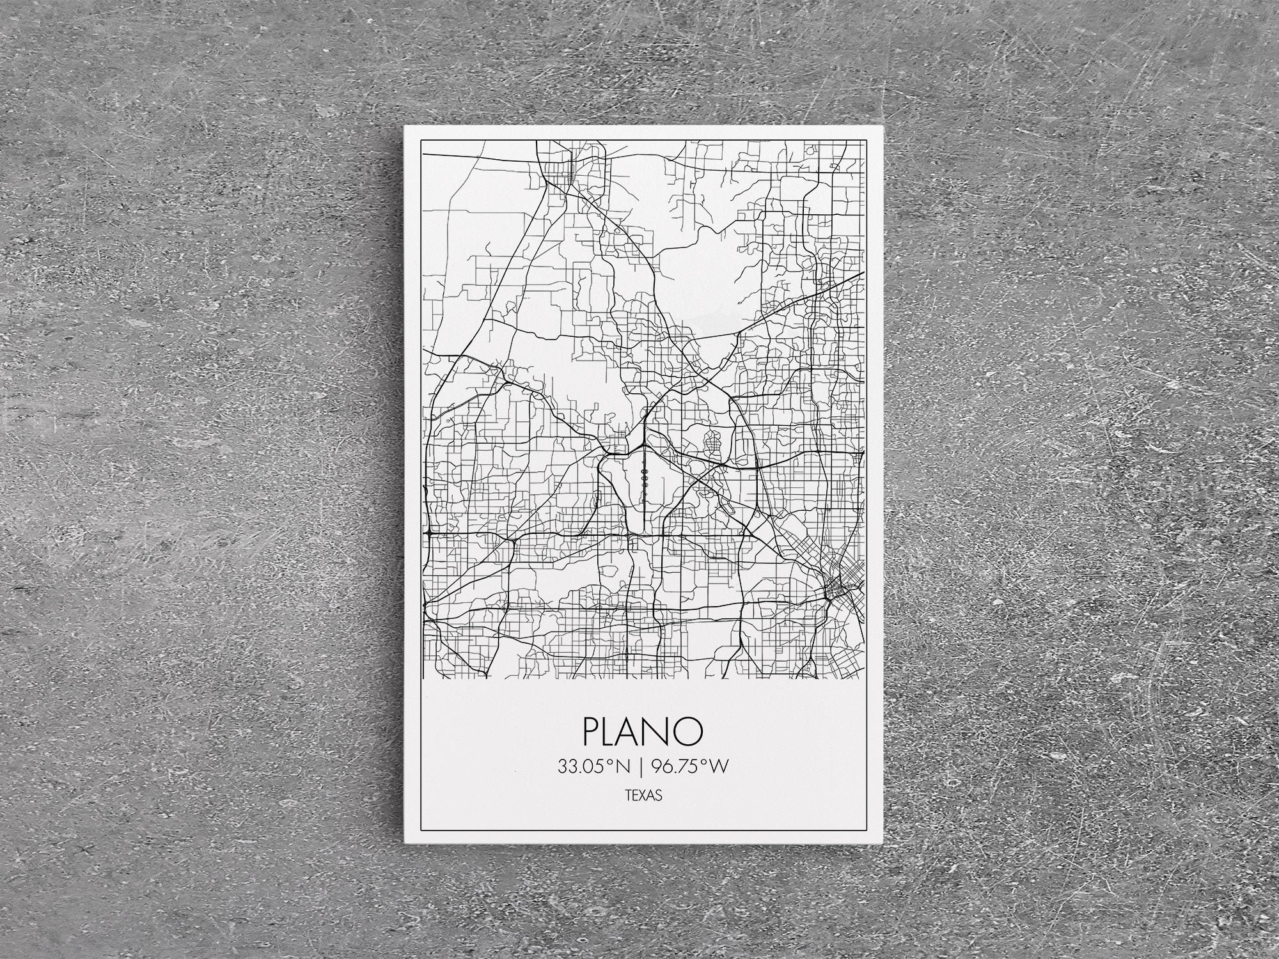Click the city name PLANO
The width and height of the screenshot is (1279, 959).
pyautogui.click(x=643, y=731)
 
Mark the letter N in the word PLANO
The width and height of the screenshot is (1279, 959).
pyautogui.click(x=661, y=731)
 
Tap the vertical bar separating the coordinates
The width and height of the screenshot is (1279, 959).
pyautogui.click(x=641, y=767)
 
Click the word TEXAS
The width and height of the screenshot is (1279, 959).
pyautogui.click(x=643, y=797)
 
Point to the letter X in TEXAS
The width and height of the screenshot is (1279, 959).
pyautogui.click(x=643, y=797)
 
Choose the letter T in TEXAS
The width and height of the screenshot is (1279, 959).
pyautogui.click(x=628, y=797)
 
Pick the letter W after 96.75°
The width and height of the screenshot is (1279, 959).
pyautogui.click(x=719, y=767)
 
